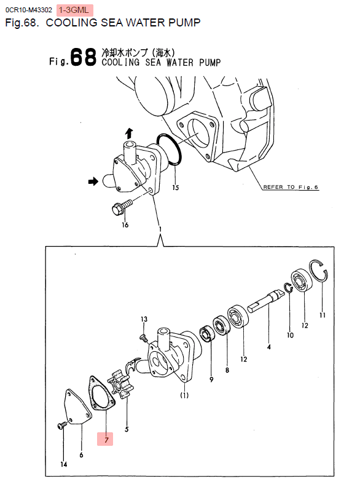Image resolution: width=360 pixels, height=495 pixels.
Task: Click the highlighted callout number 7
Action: [106, 440]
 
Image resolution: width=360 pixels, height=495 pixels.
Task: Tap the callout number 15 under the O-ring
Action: [176, 188]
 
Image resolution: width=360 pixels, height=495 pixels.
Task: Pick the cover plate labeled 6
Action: [76, 407]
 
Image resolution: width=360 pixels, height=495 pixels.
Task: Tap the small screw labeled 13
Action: [144, 338]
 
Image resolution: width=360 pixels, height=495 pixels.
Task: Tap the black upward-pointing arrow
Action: [129, 133]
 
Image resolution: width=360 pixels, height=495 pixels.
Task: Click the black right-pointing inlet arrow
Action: [93, 181]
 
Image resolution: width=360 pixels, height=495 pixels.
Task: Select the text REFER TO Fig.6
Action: [291, 187]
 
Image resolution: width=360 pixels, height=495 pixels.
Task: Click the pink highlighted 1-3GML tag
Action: [75, 10]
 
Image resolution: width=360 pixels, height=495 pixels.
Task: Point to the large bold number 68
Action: [83, 57]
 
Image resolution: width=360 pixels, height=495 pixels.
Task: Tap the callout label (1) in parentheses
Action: [184, 395]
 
